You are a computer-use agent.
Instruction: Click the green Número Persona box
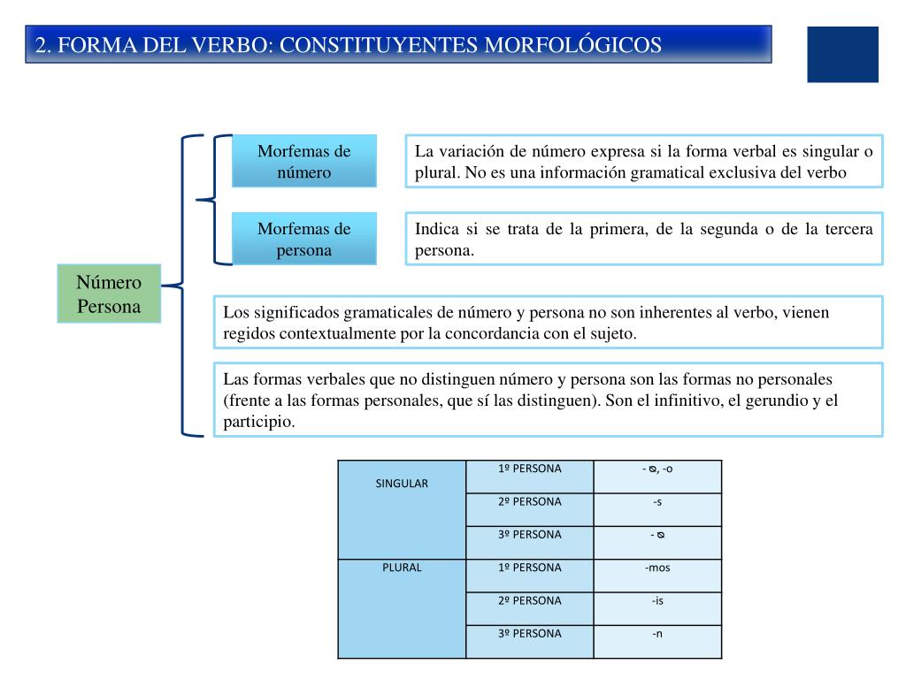tap(109, 294)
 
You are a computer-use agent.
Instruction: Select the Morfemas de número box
tap(303, 161)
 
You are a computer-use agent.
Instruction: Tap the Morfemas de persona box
tap(303, 239)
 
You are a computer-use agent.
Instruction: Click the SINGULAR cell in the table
tap(402, 484)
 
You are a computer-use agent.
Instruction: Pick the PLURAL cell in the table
tap(402, 568)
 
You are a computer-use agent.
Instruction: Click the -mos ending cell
tap(657, 568)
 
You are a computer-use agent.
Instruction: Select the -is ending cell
tap(657, 600)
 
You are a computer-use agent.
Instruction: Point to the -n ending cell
tap(657, 633)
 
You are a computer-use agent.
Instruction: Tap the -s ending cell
tap(657, 501)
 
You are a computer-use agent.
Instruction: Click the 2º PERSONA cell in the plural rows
tap(529, 600)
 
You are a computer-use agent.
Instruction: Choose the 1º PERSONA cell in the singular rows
tap(529, 469)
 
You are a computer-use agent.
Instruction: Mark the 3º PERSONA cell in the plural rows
tap(529, 633)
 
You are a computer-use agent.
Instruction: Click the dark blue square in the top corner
tap(842, 54)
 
